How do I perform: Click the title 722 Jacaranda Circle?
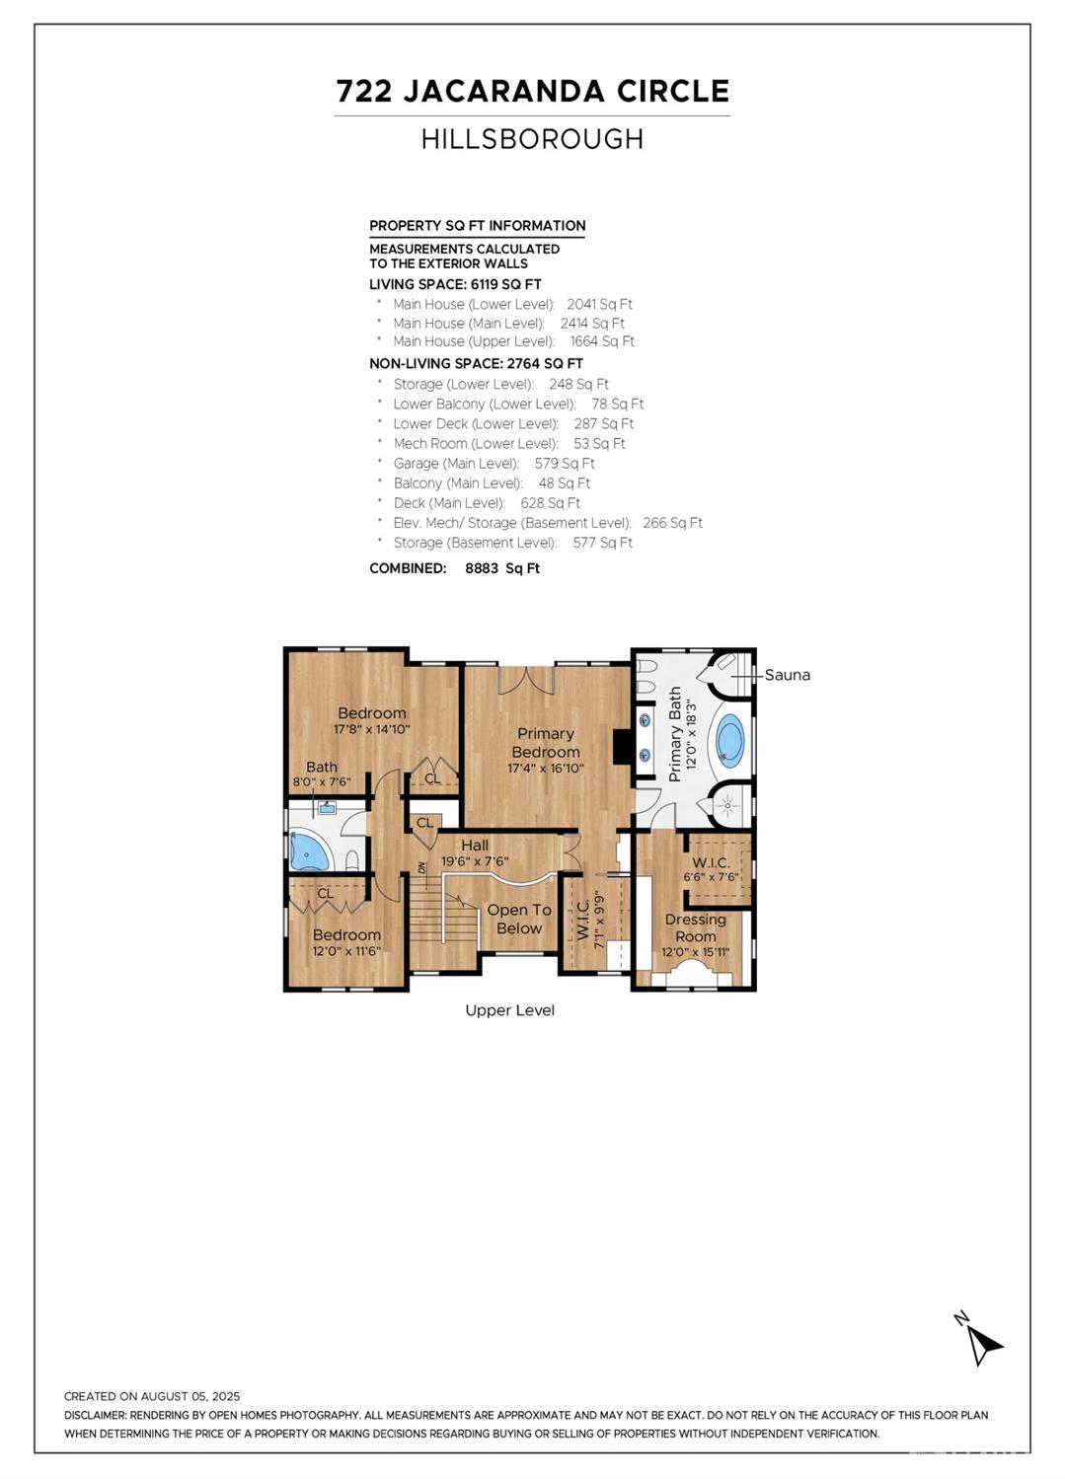click(532, 92)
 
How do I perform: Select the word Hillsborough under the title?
click(532, 139)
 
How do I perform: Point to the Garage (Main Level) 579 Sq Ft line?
click(494, 464)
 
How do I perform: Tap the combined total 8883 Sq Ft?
click(502, 568)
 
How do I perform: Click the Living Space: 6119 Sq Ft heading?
click(455, 284)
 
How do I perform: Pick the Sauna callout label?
click(787, 675)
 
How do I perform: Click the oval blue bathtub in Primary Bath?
click(730, 740)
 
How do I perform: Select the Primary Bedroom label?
click(545, 742)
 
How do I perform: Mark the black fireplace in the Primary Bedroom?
click(622, 746)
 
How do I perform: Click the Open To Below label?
click(519, 919)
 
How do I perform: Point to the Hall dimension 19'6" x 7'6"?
click(475, 861)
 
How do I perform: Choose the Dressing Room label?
click(695, 927)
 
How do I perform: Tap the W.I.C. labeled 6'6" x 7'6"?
click(711, 869)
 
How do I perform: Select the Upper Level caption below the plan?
click(509, 1010)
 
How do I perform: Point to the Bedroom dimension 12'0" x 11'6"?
click(346, 951)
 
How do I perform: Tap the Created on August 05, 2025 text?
click(152, 1396)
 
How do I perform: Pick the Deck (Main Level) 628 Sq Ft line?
click(487, 503)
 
